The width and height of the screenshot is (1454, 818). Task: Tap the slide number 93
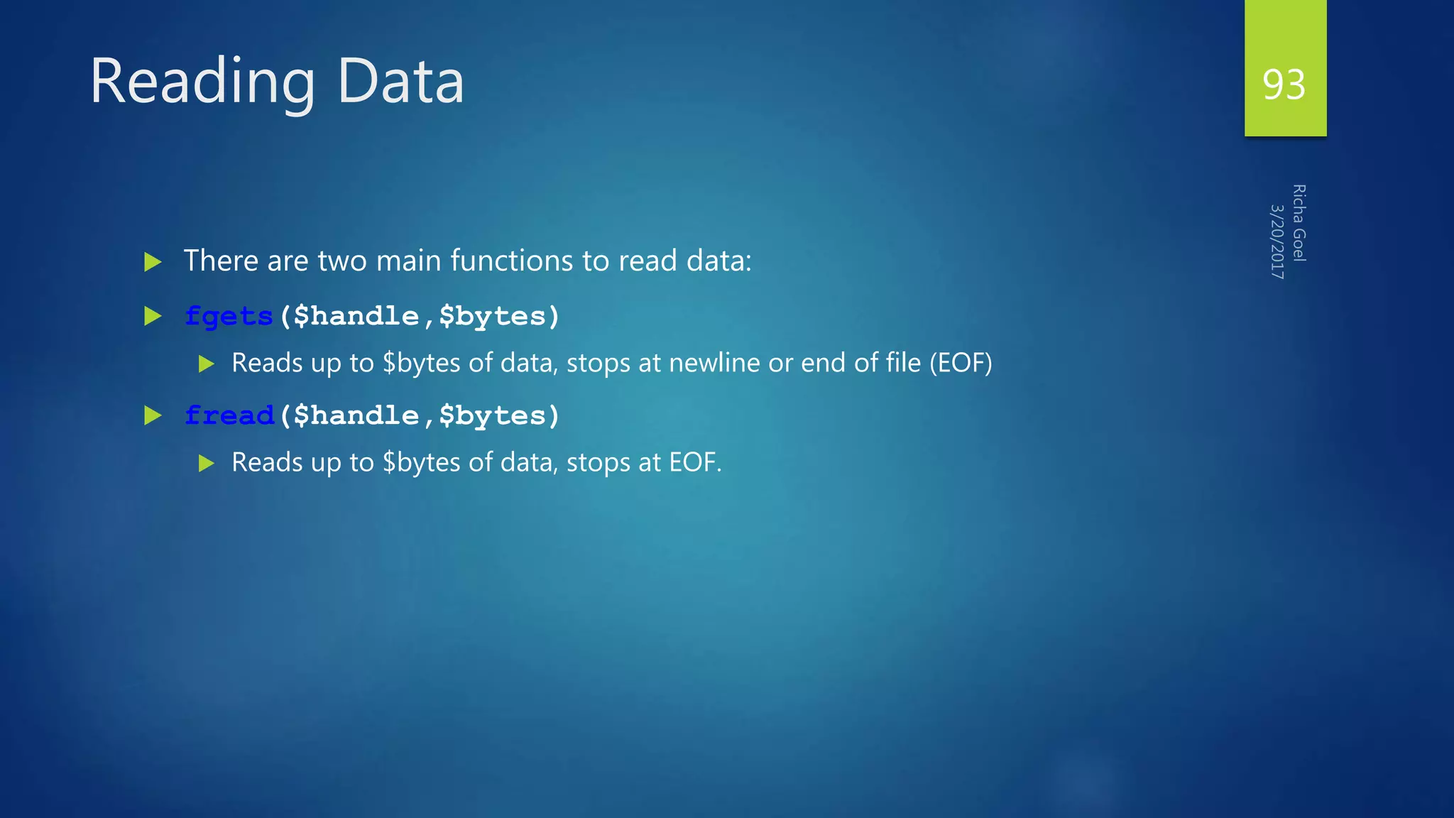tap(1284, 84)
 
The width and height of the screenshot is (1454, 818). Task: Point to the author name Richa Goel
tap(1299, 223)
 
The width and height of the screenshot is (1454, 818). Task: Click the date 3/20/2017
tap(1277, 241)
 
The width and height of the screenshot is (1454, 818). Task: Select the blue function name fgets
tap(229, 316)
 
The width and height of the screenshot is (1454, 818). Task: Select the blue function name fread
tap(229, 415)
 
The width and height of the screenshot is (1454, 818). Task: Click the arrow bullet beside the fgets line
tap(153, 316)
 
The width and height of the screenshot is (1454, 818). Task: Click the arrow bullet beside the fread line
tap(153, 415)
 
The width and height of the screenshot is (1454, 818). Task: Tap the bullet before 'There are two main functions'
tap(153, 262)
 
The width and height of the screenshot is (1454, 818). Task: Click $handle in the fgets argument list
tap(356, 316)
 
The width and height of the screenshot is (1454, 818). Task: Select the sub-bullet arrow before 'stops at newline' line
tap(207, 364)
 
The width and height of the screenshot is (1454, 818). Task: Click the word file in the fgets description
tap(903, 363)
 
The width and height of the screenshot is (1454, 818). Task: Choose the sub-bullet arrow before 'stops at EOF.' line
tap(207, 464)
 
